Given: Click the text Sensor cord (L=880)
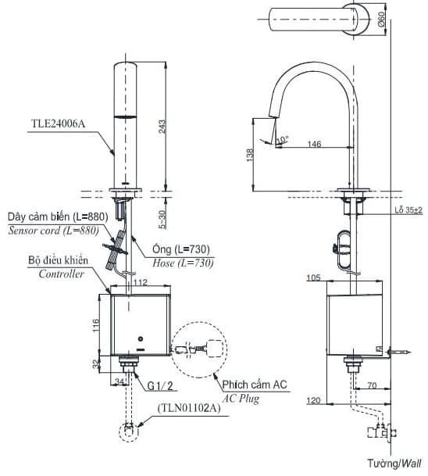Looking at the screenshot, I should click(x=53, y=231).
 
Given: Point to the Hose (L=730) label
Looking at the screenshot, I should click(x=182, y=264).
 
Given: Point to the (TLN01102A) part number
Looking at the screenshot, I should click(x=187, y=407).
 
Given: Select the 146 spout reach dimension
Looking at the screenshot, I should click(x=316, y=144).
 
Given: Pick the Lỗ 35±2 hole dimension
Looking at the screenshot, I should click(x=405, y=210).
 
